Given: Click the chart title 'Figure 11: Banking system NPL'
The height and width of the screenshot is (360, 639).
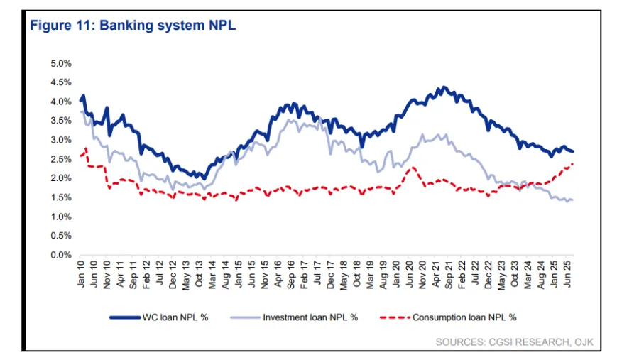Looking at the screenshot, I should (x=132, y=26).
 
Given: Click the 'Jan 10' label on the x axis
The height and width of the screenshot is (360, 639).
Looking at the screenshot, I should (x=81, y=273).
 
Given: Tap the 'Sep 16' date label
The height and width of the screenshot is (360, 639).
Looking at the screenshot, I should (x=290, y=273).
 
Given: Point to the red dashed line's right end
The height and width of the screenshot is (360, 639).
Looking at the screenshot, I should (x=573, y=164).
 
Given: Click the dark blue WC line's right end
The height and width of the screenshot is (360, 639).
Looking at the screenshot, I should (x=573, y=151).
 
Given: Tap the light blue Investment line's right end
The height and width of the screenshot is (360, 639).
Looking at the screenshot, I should (x=572, y=200).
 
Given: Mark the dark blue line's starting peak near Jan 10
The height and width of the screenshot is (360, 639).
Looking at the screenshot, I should (x=83, y=96).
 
